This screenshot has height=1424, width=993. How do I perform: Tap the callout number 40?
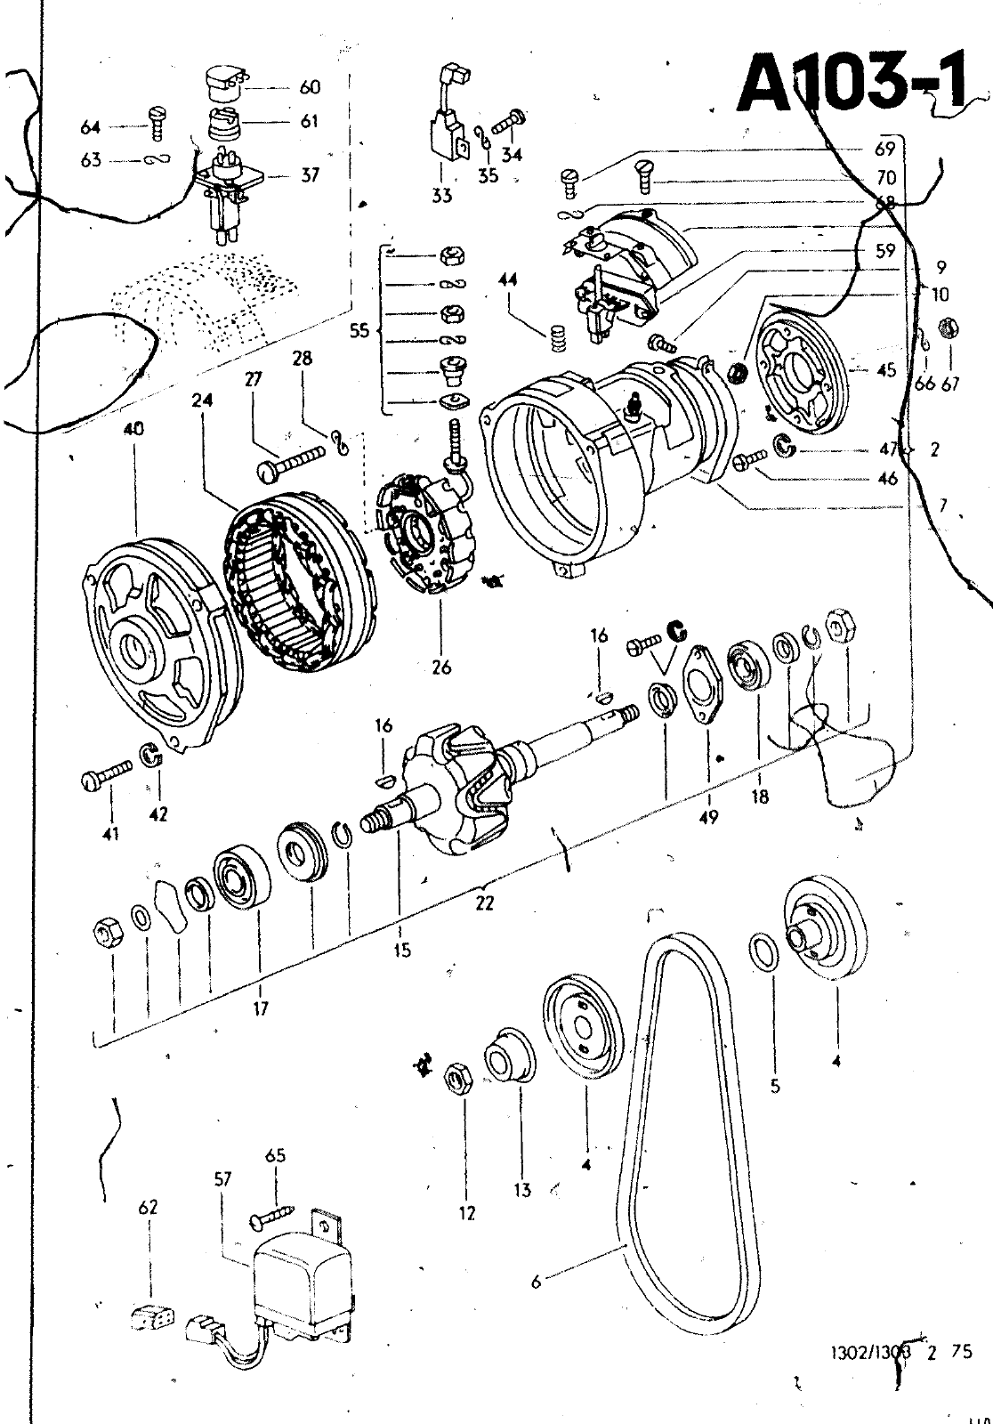click(x=135, y=429)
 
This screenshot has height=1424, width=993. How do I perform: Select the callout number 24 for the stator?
click(x=202, y=401)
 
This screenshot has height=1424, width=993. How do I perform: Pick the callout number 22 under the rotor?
click(x=484, y=902)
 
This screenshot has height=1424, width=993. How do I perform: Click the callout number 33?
click(x=442, y=195)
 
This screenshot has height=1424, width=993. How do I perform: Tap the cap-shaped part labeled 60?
click(x=225, y=85)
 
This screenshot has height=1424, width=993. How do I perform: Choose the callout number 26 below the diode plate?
click(x=441, y=667)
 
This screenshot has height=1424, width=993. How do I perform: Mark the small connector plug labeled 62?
click(x=150, y=1318)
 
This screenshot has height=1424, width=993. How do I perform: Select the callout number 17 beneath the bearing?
click(x=260, y=1008)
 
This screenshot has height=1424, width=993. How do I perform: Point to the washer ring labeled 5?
click(x=763, y=951)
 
